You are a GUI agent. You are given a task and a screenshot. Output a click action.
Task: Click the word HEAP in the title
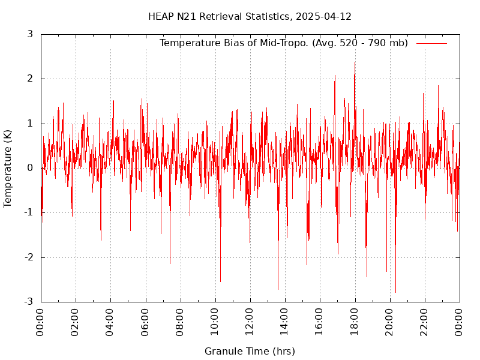pos(160,16)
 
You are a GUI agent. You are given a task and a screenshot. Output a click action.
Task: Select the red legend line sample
pos(431,43)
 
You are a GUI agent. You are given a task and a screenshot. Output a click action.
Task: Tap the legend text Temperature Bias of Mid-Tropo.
pos(235,43)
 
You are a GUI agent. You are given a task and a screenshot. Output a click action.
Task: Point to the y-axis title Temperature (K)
pos(8,169)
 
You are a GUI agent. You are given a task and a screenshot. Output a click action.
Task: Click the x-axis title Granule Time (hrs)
pos(250,351)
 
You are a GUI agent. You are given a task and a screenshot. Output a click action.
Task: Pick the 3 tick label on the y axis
pos(29,34)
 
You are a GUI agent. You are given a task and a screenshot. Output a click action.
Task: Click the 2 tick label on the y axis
pos(29,79)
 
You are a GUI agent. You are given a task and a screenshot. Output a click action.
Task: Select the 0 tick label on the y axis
pos(29,168)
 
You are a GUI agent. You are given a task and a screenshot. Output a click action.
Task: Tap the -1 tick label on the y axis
pos(28,212)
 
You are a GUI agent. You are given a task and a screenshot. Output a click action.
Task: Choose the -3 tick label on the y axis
pos(28,302)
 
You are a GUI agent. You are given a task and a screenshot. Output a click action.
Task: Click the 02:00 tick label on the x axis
pos(76,323)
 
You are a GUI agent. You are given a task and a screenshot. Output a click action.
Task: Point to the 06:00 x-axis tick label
pos(145,323)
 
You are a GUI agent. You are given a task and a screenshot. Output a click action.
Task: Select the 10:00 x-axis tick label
pos(215,323)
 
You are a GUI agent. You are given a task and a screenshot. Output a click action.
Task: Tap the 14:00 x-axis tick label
pos(285,323)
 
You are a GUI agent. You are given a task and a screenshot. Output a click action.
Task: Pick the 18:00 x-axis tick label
pos(355,323)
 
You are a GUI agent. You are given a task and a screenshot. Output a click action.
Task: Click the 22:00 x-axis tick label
pos(425,323)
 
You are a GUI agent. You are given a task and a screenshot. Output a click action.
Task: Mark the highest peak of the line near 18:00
pos(355,62)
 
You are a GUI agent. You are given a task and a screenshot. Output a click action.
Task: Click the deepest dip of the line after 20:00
pos(395,292)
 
